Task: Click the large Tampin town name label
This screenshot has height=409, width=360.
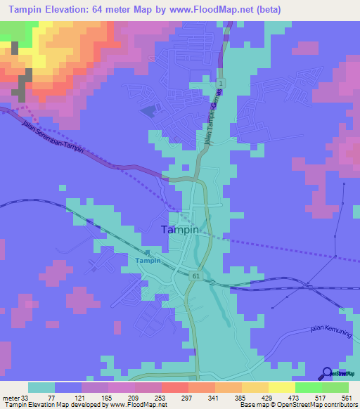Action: click(180, 229)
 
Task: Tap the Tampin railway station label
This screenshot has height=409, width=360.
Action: click(148, 261)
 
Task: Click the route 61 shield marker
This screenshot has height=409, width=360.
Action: click(195, 277)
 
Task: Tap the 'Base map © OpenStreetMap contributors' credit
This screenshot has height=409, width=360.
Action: click(297, 405)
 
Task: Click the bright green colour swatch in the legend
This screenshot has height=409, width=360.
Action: click(308, 387)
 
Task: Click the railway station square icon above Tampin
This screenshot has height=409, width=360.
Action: click(148, 253)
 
